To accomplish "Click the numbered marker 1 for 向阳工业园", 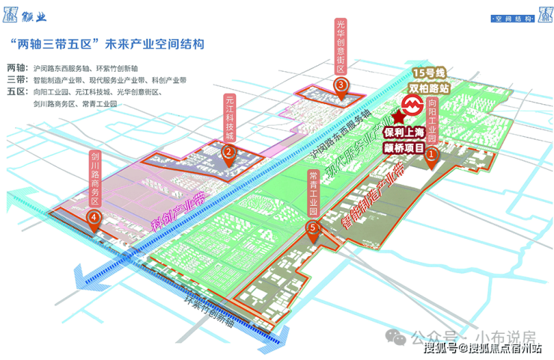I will (x=431, y=148).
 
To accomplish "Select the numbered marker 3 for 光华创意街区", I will (x=341, y=85).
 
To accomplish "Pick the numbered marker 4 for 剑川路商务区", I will (x=94, y=217).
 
